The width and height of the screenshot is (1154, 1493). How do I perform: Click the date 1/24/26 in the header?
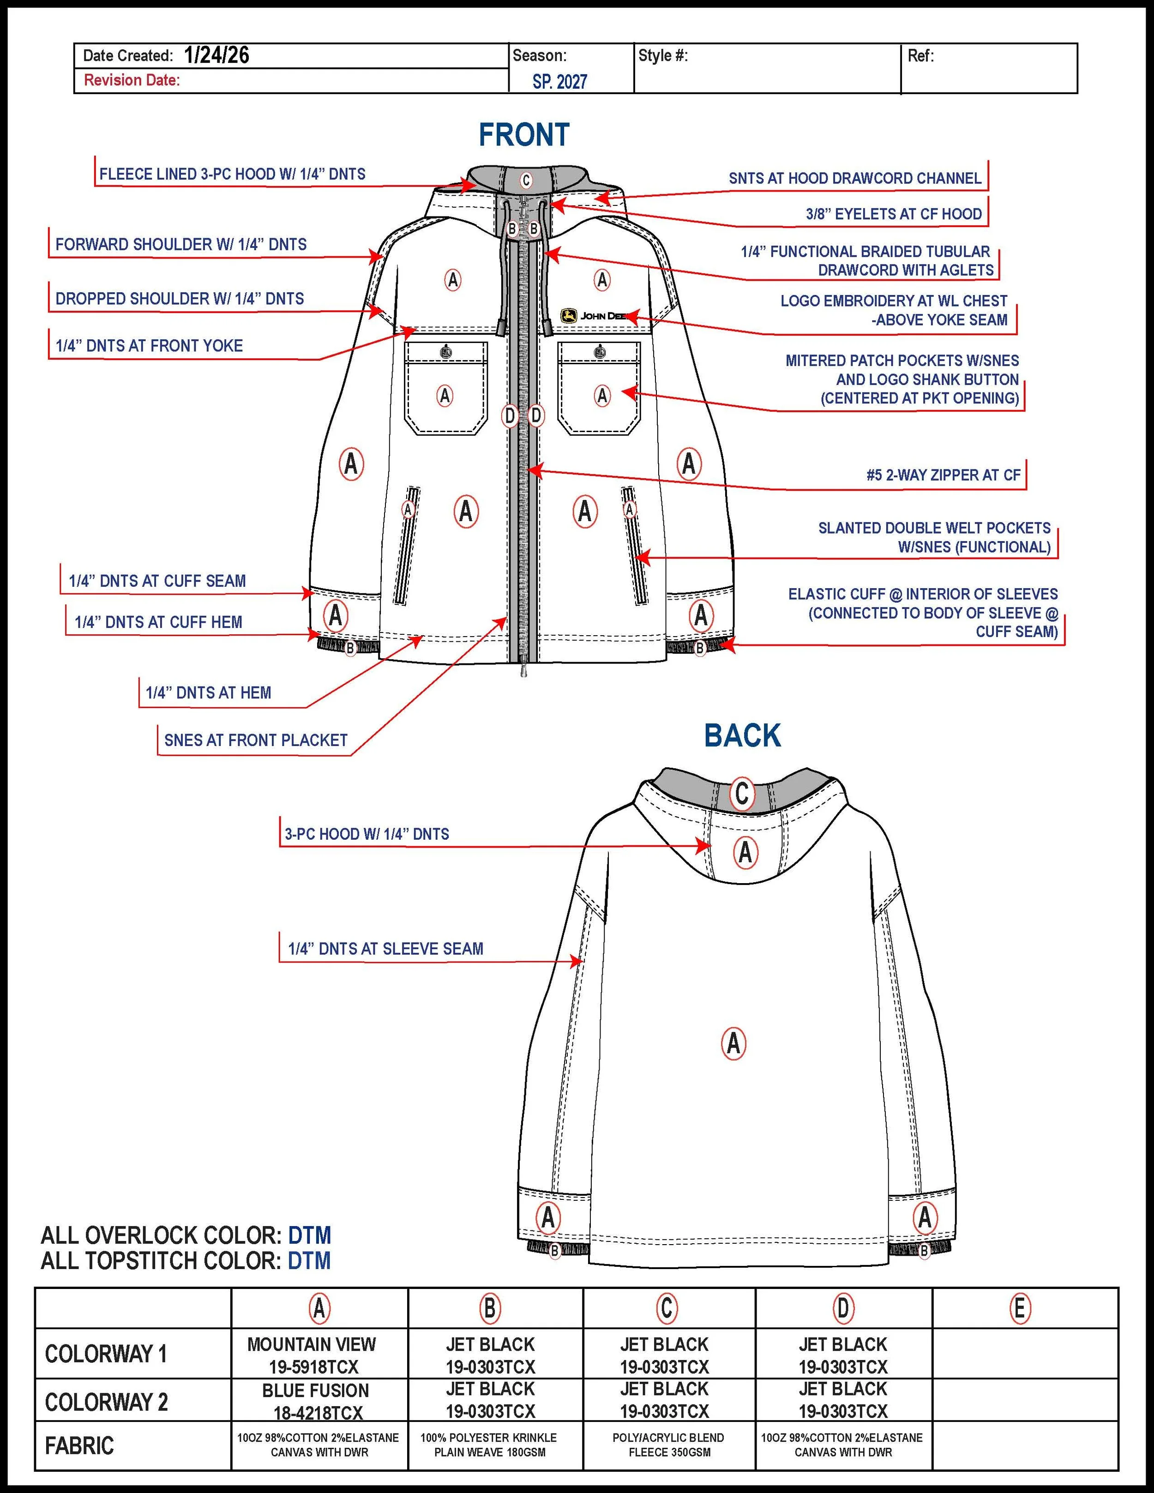216,55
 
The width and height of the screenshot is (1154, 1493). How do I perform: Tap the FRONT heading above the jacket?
523,135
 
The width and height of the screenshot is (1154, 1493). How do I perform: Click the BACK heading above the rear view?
742,735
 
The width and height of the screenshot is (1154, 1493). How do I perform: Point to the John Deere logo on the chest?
593,316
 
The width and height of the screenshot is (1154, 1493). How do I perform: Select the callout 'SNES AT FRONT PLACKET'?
256,740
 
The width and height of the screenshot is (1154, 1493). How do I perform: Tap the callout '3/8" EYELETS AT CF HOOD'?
894,214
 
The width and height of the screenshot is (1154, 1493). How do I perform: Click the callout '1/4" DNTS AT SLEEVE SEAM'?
385,949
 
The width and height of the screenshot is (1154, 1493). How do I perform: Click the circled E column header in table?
1019,1308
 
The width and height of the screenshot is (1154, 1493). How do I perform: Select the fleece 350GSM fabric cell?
668,1445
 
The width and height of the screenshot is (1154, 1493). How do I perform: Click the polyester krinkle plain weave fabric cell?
489,1445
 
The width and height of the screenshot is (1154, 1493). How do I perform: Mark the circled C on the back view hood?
742,794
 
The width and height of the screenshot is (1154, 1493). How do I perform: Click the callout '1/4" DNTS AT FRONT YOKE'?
149,346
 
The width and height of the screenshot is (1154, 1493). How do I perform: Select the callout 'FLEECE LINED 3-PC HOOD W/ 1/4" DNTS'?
233,175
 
